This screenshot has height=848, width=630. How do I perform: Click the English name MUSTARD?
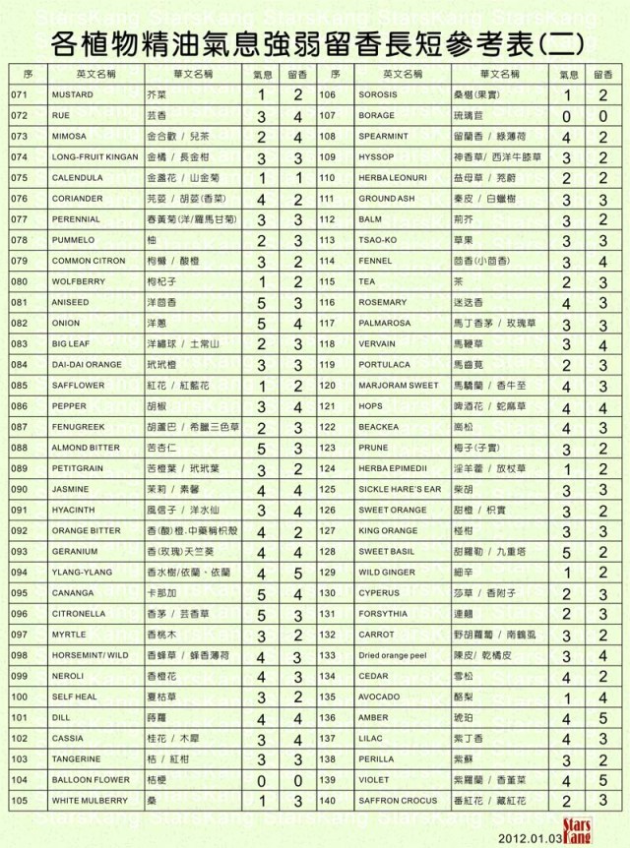tap(73, 95)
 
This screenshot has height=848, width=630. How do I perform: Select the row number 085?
tap(19, 386)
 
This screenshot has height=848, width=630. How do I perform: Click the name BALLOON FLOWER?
tap(91, 780)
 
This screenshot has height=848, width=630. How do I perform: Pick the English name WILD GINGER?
tap(381, 573)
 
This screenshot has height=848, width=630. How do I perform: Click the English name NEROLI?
tap(68, 676)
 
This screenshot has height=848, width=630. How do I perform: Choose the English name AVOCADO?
tap(376, 697)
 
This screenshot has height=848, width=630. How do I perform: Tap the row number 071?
tap(19, 95)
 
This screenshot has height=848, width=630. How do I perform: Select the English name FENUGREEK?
tap(79, 427)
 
